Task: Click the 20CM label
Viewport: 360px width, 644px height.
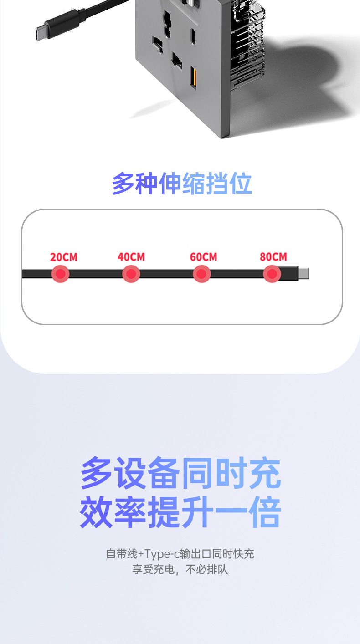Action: point(64,257)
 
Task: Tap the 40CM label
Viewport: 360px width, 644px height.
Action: point(131,257)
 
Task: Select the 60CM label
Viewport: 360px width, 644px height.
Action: point(203,257)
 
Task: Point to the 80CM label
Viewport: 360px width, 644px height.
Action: point(273,256)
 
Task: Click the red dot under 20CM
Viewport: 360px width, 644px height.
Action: point(61,274)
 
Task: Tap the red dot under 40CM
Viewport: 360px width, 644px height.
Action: point(131,274)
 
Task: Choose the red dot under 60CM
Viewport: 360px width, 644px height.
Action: point(202,274)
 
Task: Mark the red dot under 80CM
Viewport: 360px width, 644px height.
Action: point(272,274)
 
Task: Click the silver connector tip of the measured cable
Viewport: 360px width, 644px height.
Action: point(303,273)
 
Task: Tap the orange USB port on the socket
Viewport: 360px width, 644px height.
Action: point(193,77)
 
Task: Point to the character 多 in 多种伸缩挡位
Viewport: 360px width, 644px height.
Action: point(123,184)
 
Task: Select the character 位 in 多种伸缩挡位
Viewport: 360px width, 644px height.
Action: point(241,184)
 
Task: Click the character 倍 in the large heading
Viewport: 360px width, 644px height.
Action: point(265,512)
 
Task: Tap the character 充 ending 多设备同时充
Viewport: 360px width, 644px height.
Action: point(265,473)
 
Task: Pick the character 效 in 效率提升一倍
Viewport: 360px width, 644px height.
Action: point(96,512)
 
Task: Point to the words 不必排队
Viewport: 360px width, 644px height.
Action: point(206,569)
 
